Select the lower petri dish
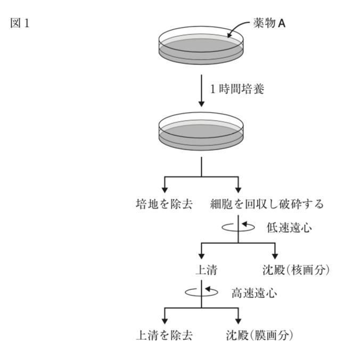point(200,133)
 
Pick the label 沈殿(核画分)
point(296,271)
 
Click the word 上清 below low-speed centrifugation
point(203,271)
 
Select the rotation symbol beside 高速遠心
point(201,292)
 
